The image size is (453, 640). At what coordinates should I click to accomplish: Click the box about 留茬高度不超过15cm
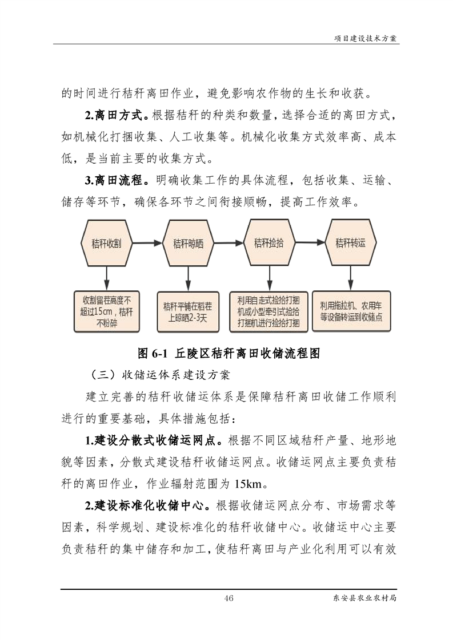(107, 311)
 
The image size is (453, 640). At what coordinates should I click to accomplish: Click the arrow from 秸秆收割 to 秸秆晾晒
(147, 243)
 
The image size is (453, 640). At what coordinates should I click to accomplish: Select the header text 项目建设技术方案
(366, 38)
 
